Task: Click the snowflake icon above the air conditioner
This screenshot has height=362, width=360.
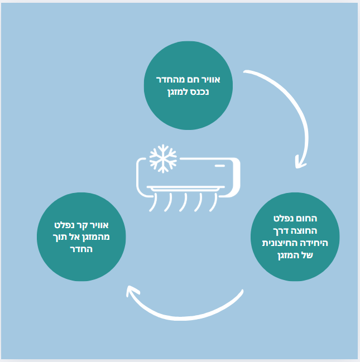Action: tap(163, 159)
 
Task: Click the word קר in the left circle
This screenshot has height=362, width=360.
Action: tap(87, 225)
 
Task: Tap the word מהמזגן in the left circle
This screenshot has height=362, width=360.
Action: tap(100, 237)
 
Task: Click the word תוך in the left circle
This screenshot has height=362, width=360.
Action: tap(63, 237)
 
